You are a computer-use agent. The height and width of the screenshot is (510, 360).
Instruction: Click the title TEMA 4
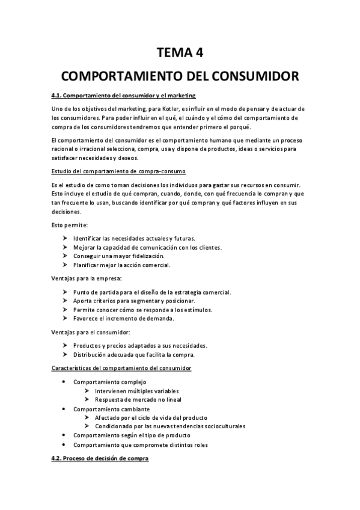coord(180,52)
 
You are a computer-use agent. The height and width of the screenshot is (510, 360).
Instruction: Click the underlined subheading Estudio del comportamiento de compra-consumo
coord(119,171)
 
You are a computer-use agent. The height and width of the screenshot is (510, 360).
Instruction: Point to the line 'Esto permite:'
coord(69,225)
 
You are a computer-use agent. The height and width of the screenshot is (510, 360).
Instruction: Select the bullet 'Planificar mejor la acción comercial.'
coord(122,265)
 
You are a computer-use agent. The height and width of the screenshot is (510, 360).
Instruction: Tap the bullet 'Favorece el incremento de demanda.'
coord(123,318)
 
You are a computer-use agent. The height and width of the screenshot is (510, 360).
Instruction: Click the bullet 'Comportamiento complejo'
coord(109,382)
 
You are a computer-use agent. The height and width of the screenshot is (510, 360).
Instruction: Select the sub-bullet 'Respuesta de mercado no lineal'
coord(138,399)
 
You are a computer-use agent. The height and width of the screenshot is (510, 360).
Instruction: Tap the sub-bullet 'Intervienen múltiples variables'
coord(137,391)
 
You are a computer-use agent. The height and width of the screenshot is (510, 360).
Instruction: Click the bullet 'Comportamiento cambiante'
coord(111,409)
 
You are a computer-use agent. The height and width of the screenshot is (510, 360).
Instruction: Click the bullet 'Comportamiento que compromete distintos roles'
coord(140,444)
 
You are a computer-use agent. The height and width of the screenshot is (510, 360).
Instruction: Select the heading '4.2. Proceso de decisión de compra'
coord(99,459)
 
